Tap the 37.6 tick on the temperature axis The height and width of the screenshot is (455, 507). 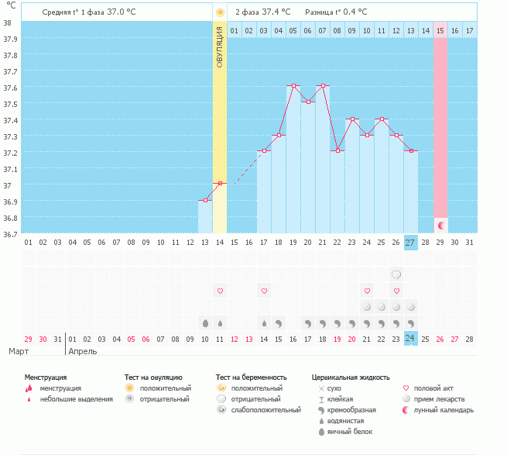point(11,88)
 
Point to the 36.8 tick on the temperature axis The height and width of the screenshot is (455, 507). point(11,218)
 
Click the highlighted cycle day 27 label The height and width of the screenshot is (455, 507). point(410,243)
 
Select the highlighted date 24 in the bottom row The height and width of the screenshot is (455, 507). point(410,338)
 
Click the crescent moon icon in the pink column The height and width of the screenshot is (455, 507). point(440,226)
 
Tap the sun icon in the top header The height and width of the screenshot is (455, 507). point(220,12)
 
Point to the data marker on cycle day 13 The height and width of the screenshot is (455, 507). point(205,201)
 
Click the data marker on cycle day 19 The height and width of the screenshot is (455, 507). point(294,85)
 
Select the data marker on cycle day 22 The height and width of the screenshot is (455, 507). point(337,150)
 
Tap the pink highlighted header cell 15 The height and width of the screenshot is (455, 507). point(440,30)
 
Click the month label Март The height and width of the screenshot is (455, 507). point(20,351)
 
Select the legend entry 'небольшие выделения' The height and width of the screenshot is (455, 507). point(76,398)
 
